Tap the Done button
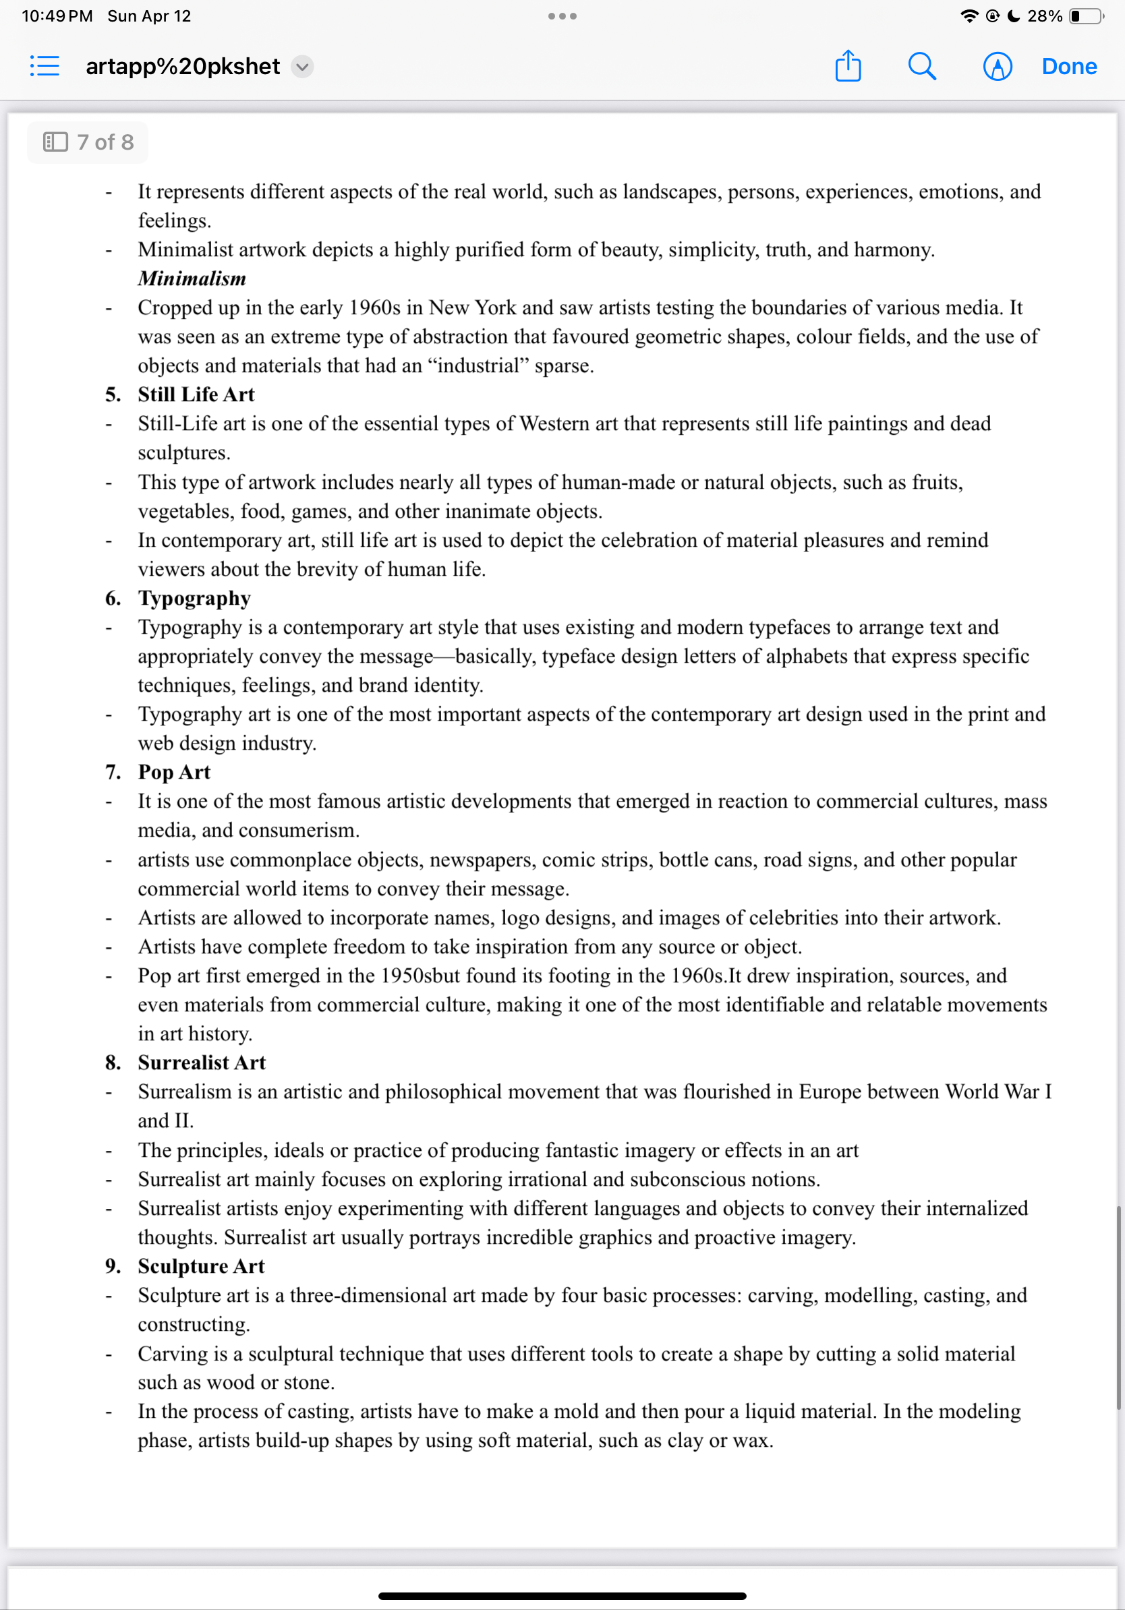tap(1068, 67)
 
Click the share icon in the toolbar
tap(848, 67)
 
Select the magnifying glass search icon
tap(921, 67)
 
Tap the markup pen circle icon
tap(997, 67)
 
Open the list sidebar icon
tap(45, 67)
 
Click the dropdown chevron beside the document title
tap(302, 67)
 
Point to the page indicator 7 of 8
tap(88, 142)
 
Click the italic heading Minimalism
tap(192, 278)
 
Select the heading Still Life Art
tap(196, 394)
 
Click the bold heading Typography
tap(194, 598)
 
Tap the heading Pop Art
tap(174, 772)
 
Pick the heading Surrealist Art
tap(201, 1063)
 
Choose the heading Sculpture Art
tap(201, 1265)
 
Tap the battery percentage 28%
tap(1044, 16)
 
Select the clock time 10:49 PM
tap(57, 16)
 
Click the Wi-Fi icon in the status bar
tap(969, 16)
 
